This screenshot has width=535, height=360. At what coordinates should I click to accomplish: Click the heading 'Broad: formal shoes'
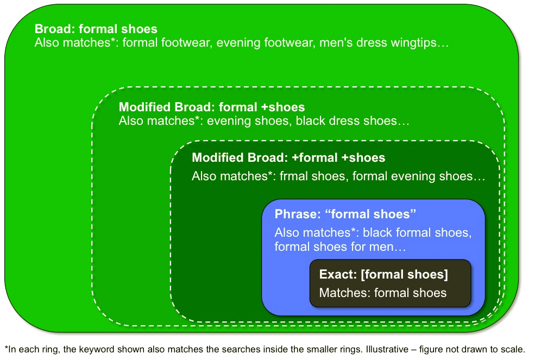[x=96, y=29]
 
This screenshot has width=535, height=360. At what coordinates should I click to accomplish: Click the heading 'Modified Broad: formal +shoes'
[x=211, y=107]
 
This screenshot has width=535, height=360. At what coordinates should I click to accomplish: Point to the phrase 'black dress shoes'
[x=347, y=121]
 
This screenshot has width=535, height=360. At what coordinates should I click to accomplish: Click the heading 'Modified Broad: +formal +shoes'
[x=288, y=157]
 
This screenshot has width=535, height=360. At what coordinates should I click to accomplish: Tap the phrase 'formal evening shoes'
[x=412, y=176]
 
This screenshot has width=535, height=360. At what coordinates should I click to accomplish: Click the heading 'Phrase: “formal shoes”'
[x=345, y=214]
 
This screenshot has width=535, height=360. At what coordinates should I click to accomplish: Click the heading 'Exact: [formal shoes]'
[x=383, y=274]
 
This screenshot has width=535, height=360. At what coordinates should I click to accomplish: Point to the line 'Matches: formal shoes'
[x=383, y=293]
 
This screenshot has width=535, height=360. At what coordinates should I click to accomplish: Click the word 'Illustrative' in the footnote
[x=387, y=350]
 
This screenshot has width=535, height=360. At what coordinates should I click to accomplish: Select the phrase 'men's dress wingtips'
[x=377, y=43]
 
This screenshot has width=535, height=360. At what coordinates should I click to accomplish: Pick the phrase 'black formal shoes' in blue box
[x=417, y=233]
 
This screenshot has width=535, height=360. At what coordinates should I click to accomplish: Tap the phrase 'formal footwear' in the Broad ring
[x=166, y=43]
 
